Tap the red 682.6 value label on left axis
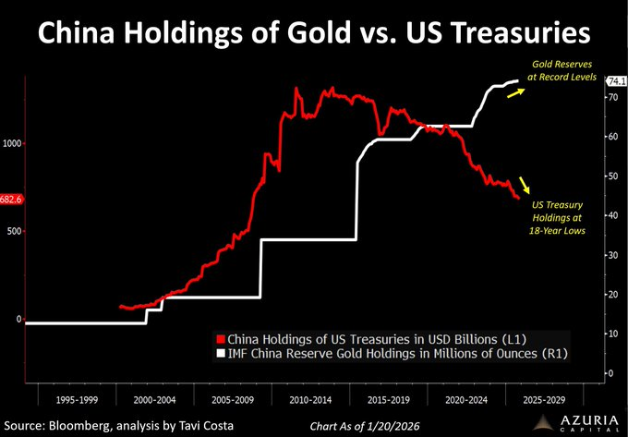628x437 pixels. coord(11,199)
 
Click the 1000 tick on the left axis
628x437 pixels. coord(11,143)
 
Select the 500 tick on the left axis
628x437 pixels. coord(14,231)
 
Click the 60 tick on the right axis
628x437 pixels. coord(610,136)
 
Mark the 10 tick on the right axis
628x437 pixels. coord(610,333)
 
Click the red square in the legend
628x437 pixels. coord(220,337)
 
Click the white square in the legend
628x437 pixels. coord(220,353)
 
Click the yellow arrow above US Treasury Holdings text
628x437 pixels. coord(525,184)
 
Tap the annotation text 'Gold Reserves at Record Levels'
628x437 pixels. coord(561,71)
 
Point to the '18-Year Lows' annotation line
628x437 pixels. coord(560,230)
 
